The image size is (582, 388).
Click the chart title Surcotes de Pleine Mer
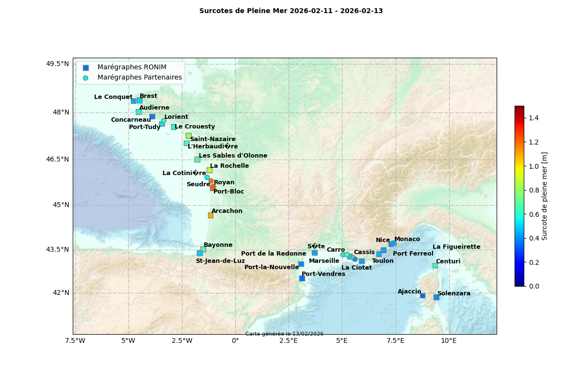291,11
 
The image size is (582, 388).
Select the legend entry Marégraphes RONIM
131,67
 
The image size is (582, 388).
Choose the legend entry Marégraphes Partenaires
139,78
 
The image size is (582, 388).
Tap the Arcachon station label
227,211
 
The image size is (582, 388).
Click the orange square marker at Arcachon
210,215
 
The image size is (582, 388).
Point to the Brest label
148,96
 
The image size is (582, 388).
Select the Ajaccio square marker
422,295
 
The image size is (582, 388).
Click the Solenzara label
453,293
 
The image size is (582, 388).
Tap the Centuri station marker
435,265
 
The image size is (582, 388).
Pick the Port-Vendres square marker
302,278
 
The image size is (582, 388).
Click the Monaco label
407,239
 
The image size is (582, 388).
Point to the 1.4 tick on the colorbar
533,118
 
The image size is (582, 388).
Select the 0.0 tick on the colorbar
533,286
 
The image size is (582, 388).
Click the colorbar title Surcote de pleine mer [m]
545,196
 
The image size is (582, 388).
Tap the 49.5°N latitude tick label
58,64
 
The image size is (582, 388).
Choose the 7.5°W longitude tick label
75,340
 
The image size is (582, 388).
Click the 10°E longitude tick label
449,340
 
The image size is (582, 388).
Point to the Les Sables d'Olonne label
233,156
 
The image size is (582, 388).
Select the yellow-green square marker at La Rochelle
210,170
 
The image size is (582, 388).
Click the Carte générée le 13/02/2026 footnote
284,334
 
